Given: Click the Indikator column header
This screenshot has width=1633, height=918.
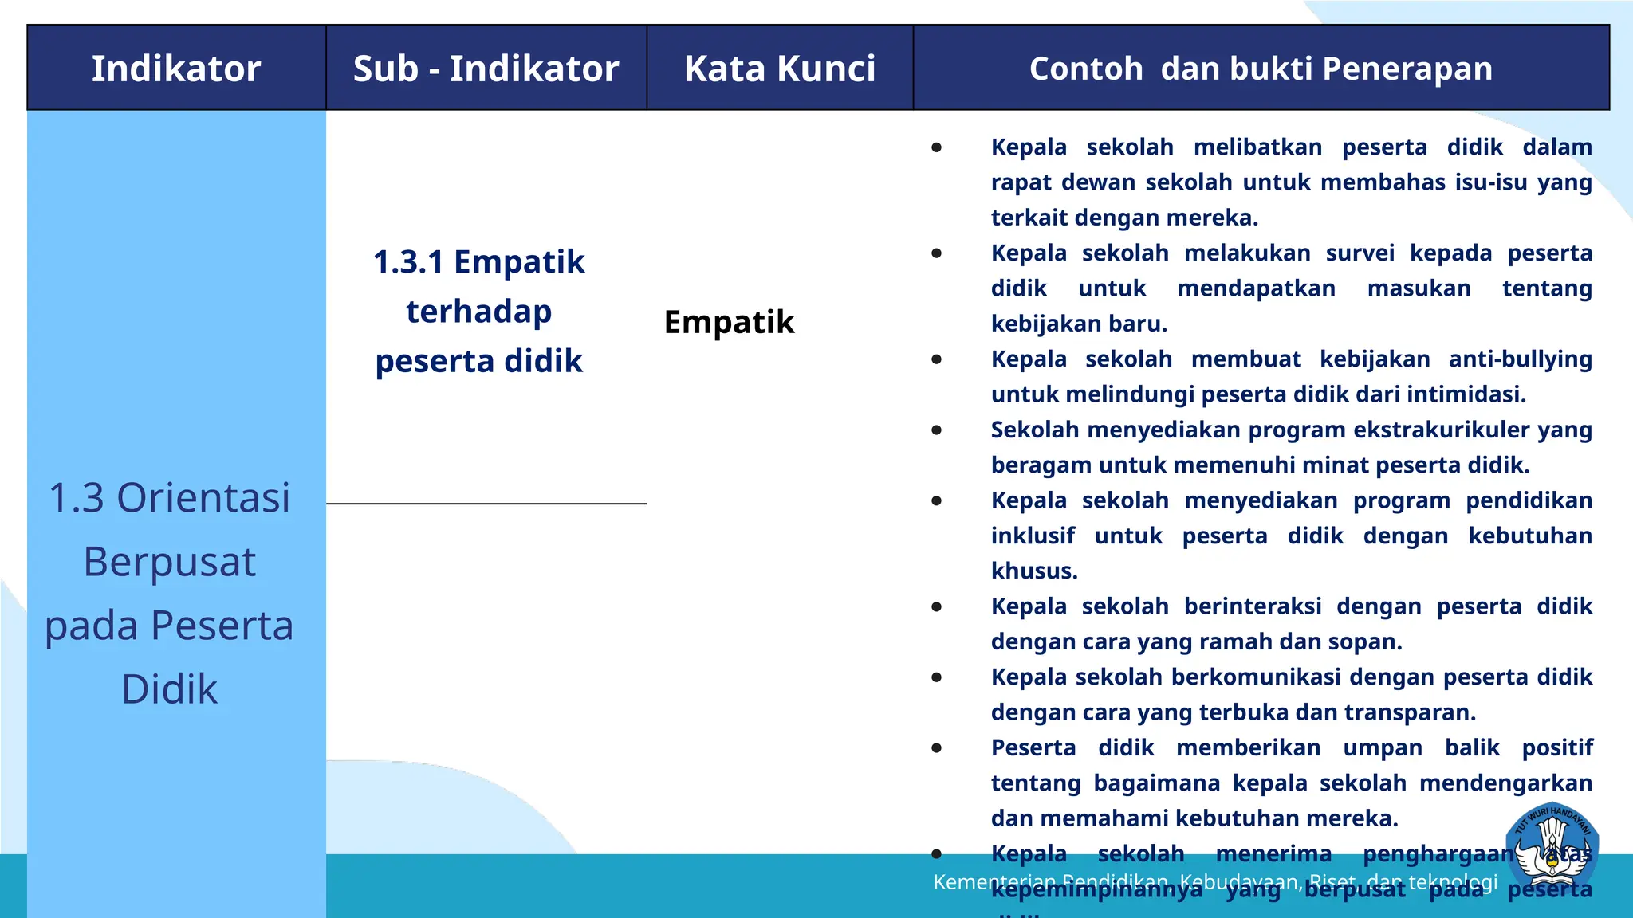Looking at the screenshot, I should [176, 69].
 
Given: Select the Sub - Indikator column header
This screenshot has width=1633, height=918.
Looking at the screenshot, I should [486, 69].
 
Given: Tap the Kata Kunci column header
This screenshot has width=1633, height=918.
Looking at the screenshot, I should [780, 69].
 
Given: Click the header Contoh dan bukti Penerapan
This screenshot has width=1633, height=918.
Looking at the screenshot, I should [1261, 69].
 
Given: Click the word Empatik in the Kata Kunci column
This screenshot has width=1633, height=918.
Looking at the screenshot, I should [729, 323].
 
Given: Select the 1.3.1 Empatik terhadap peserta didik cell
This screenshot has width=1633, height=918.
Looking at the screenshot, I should [479, 312].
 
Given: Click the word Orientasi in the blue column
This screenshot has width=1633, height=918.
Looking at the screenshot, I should [203, 498].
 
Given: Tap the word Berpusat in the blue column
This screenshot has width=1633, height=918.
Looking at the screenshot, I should [169, 562].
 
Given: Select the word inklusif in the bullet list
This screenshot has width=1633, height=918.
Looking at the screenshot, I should [1033, 536].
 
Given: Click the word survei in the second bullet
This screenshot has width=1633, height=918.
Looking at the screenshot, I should [1360, 253].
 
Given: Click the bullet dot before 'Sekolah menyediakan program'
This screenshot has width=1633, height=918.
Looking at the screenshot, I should [937, 430].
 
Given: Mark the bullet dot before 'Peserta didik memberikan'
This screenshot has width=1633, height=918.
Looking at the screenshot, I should [937, 748].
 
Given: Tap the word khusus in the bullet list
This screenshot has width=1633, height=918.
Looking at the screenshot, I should [1033, 571].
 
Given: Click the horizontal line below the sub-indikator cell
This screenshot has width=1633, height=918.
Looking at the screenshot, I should [486, 504].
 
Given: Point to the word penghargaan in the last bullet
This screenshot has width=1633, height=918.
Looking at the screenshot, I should [1438, 854].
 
